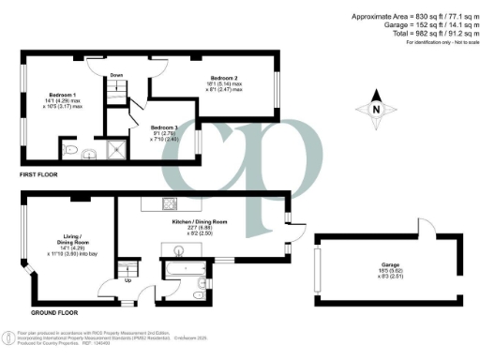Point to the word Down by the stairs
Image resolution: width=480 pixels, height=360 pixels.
[x=116, y=75]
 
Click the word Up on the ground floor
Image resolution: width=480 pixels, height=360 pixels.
[x=127, y=280]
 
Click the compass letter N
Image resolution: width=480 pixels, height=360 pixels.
[x=376, y=111]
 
